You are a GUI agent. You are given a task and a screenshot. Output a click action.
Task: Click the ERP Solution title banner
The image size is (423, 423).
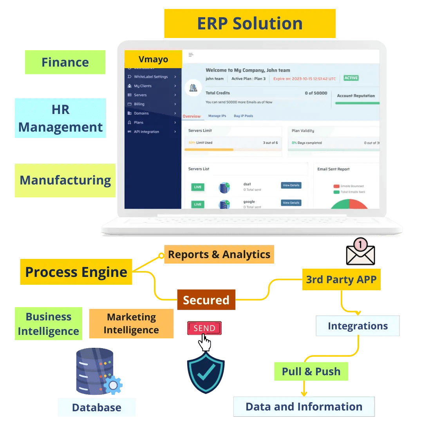(x=249, y=23)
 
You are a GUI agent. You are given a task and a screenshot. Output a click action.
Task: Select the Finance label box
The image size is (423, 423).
(x=65, y=62)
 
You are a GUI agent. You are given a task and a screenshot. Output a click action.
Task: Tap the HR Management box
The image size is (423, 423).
(x=60, y=118)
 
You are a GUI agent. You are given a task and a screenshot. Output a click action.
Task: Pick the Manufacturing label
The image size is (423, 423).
(x=65, y=180)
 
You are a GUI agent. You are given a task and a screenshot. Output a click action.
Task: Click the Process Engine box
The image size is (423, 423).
(x=76, y=272)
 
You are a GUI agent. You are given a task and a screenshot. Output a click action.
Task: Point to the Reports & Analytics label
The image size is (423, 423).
(x=219, y=255)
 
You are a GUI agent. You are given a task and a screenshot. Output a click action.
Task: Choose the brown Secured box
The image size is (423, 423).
(x=206, y=300)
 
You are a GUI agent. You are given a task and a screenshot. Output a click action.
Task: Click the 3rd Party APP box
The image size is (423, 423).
(x=341, y=280)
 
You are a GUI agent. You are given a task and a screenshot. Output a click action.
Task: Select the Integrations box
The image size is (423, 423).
(x=358, y=326)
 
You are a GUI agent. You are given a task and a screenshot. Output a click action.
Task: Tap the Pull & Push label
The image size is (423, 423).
(x=311, y=371)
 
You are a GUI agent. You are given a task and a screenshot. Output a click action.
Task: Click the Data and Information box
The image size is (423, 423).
(x=304, y=407)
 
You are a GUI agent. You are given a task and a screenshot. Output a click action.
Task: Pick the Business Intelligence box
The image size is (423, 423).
(x=49, y=324)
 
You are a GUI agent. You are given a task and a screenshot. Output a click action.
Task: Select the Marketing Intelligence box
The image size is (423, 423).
(x=131, y=324)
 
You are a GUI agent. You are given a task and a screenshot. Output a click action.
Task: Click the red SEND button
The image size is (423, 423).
(x=204, y=328)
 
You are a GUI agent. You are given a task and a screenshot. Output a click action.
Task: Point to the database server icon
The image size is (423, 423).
(x=96, y=371)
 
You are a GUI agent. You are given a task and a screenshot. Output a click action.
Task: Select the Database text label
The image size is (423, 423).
(x=96, y=407)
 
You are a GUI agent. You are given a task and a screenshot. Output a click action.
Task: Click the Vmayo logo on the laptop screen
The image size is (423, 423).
(x=153, y=60)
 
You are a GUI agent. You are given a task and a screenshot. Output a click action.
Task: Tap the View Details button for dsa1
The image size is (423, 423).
(x=291, y=185)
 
